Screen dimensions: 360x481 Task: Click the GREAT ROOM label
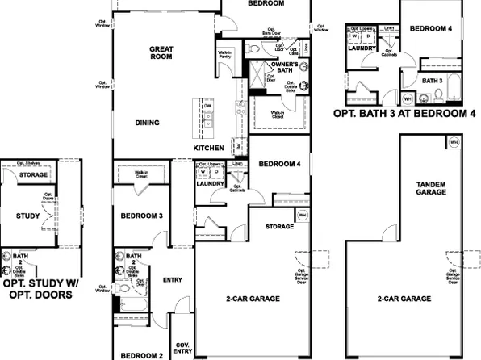[161, 53]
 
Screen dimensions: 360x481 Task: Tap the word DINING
[147, 123]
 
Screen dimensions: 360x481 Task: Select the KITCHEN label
[208, 149]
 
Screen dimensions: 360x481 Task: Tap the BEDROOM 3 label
[141, 216]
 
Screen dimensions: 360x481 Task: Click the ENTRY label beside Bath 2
[173, 280]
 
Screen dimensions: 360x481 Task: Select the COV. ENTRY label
[182, 347]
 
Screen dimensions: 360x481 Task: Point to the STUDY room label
[28, 216]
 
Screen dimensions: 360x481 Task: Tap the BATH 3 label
[433, 81]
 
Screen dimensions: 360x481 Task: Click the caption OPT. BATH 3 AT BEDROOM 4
[404, 115]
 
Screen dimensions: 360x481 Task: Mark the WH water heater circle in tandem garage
[454, 142]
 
